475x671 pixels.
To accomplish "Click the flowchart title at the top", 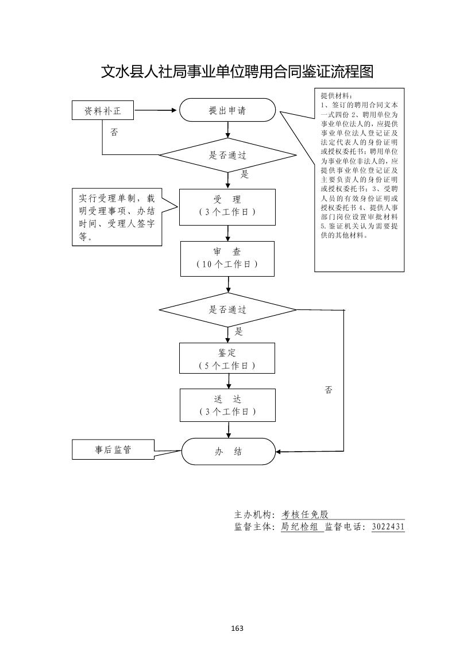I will click(237, 72).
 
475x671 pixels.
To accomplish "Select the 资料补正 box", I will click(103, 111).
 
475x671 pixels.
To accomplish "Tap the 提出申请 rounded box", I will click(227, 110).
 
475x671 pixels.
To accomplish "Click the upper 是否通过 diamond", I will click(227, 155).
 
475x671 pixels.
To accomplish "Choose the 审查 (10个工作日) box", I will click(227, 258).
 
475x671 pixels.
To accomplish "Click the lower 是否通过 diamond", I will click(227, 310).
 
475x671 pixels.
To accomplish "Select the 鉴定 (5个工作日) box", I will click(227, 359).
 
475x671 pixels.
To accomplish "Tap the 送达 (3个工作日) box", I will click(227, 405).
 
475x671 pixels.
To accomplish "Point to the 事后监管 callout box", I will click(113, 450).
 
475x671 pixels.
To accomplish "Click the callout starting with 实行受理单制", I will click(117, 217).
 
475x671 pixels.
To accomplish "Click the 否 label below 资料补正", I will click(114, 132).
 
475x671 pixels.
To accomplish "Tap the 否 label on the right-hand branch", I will click(329, 390).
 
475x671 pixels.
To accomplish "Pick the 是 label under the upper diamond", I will click(244, 174).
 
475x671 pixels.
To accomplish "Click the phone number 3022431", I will click(388, 527).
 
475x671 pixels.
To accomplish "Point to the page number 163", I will click(237, 628).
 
